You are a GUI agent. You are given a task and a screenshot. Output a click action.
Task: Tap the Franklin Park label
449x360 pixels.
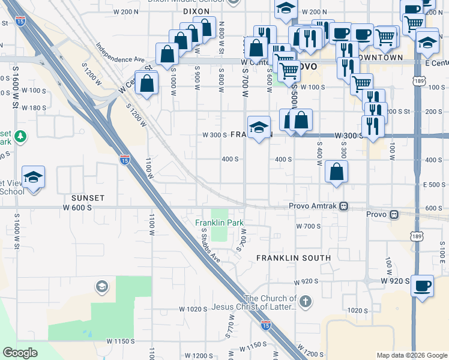click(220, 223)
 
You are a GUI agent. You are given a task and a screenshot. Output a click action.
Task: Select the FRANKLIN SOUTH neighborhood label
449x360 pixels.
click(294, 258)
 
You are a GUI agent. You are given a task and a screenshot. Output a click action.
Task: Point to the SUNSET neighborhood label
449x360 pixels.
click(88, 197)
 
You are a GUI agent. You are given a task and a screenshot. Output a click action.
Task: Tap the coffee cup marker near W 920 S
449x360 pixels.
click(422, 286)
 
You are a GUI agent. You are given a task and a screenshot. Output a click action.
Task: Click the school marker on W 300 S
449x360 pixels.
click(259, 128)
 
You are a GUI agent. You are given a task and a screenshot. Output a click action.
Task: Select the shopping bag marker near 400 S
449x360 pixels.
click(337, 172)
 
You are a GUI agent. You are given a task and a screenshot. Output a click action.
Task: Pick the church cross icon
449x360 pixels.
click(306, 301)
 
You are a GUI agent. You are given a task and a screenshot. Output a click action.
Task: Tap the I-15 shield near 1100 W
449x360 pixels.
click(124, 160)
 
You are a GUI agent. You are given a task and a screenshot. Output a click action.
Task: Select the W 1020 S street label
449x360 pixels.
click(193, 309)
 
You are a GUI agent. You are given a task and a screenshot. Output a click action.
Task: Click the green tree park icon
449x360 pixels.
click(21, 136)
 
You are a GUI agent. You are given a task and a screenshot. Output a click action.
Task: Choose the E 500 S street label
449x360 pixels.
click(434, 185)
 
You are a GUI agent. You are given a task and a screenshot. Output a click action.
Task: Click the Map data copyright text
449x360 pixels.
click(411, 355)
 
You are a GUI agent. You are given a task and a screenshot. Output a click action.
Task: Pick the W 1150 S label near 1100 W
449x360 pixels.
click(121, 341)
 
